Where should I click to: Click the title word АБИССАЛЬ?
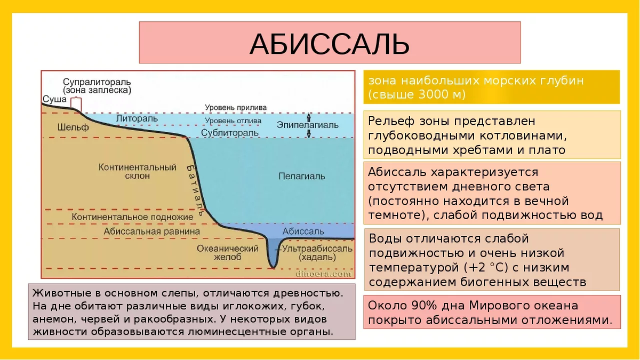click(329, 44)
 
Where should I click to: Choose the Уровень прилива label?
click(236, 108)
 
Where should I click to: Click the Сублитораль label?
click(230, 132)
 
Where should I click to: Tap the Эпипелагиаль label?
click(308, 124)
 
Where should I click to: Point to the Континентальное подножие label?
click(132, 218)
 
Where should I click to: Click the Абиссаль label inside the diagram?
click(303, 231)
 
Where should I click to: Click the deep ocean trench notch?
click(274, 258)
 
